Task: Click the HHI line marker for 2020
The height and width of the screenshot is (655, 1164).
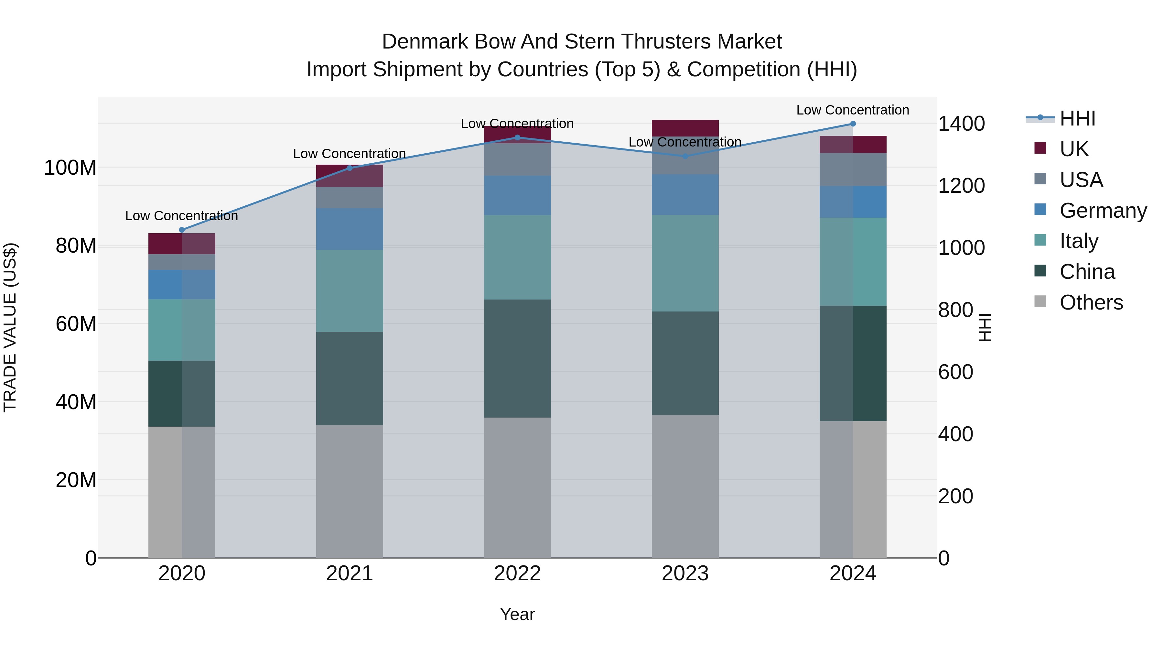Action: [x=182, y=230]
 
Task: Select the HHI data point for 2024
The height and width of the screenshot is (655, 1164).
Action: [x=853, y=124]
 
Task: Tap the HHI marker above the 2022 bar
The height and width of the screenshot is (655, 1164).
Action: [x=517, y=138]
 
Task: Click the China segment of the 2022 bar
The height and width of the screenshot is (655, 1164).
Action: [x=517, y=358]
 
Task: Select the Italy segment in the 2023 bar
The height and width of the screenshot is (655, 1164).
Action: [x=685, y=263]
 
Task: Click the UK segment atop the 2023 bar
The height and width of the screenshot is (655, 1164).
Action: [x=685, y=128]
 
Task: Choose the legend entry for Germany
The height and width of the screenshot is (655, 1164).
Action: [x=1103, y=211]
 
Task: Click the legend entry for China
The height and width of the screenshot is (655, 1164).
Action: [x=1087, y=272]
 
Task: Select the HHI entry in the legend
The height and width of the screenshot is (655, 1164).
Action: [x=1077, y=118]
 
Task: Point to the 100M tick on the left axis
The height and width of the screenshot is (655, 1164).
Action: [x=70, y=168]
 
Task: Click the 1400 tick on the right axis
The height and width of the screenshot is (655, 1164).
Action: [x=961, y=124]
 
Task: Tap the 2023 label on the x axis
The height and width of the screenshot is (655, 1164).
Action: [x=685, y=573]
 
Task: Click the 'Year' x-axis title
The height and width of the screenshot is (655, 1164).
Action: [x=517, y=614]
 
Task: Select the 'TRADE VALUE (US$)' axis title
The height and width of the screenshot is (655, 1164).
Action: [x=10, y=327]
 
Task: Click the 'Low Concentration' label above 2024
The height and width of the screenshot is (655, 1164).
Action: [x=852, y=110]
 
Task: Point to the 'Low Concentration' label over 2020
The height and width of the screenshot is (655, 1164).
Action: [x=182, y=216]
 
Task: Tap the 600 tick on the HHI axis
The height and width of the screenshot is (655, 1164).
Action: [x=955, y=372]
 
